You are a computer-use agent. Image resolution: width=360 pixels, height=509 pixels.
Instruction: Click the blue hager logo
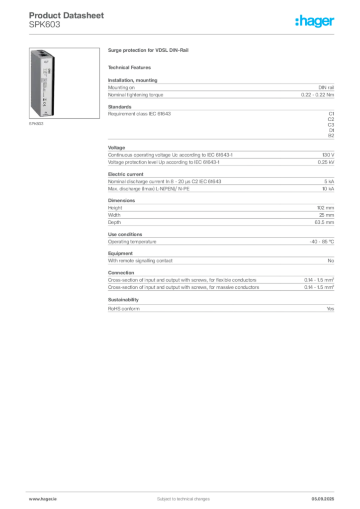pos(315,22)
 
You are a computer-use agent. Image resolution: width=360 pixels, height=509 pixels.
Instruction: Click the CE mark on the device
pos(44,105)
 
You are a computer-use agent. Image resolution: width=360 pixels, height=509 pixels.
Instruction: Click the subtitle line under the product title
pos(131,68)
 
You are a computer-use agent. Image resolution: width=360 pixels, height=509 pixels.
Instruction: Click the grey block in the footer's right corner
pos(326,496)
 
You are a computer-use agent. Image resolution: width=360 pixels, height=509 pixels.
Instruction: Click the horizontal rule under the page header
pos(182,34)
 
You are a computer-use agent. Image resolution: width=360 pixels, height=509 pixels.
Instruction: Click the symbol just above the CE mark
pos(44,99)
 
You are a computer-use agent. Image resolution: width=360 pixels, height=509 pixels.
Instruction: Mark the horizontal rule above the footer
pos(182,490)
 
